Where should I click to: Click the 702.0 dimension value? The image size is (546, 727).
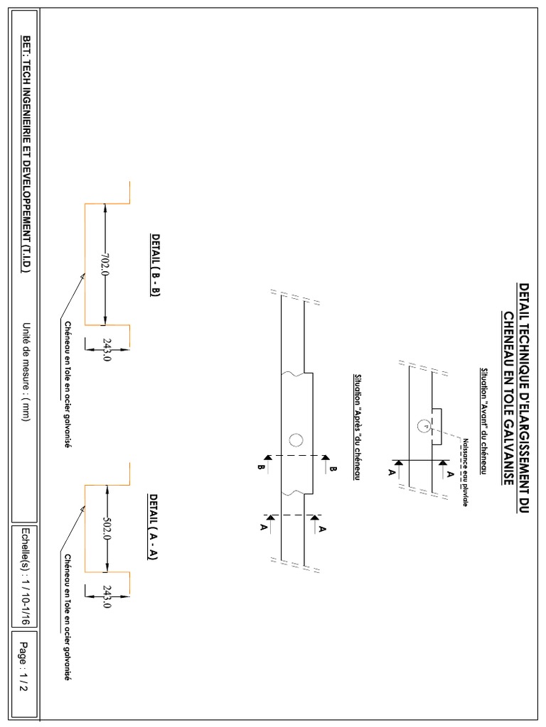[x=105, y=264]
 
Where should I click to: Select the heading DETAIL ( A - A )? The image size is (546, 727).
[x=153, y=527]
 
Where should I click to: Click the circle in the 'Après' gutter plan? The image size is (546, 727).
[x=296, y=439]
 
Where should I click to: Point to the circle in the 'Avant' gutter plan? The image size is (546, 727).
[x=423, y=426]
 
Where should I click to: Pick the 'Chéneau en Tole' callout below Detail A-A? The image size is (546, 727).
[x=68, y=618]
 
